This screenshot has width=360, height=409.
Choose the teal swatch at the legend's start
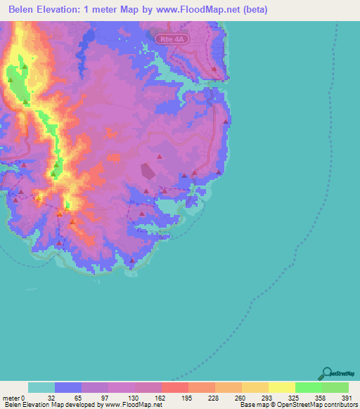click(x=41, y=387)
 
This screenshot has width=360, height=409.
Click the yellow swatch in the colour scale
click(x=281, y=387)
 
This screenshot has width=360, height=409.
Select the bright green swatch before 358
click(x=308, y=387)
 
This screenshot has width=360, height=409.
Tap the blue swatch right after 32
click(x=67, y=387)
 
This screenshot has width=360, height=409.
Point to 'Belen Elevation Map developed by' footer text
click(x=52, y=405)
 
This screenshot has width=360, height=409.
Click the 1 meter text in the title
click(x=115, y=10)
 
